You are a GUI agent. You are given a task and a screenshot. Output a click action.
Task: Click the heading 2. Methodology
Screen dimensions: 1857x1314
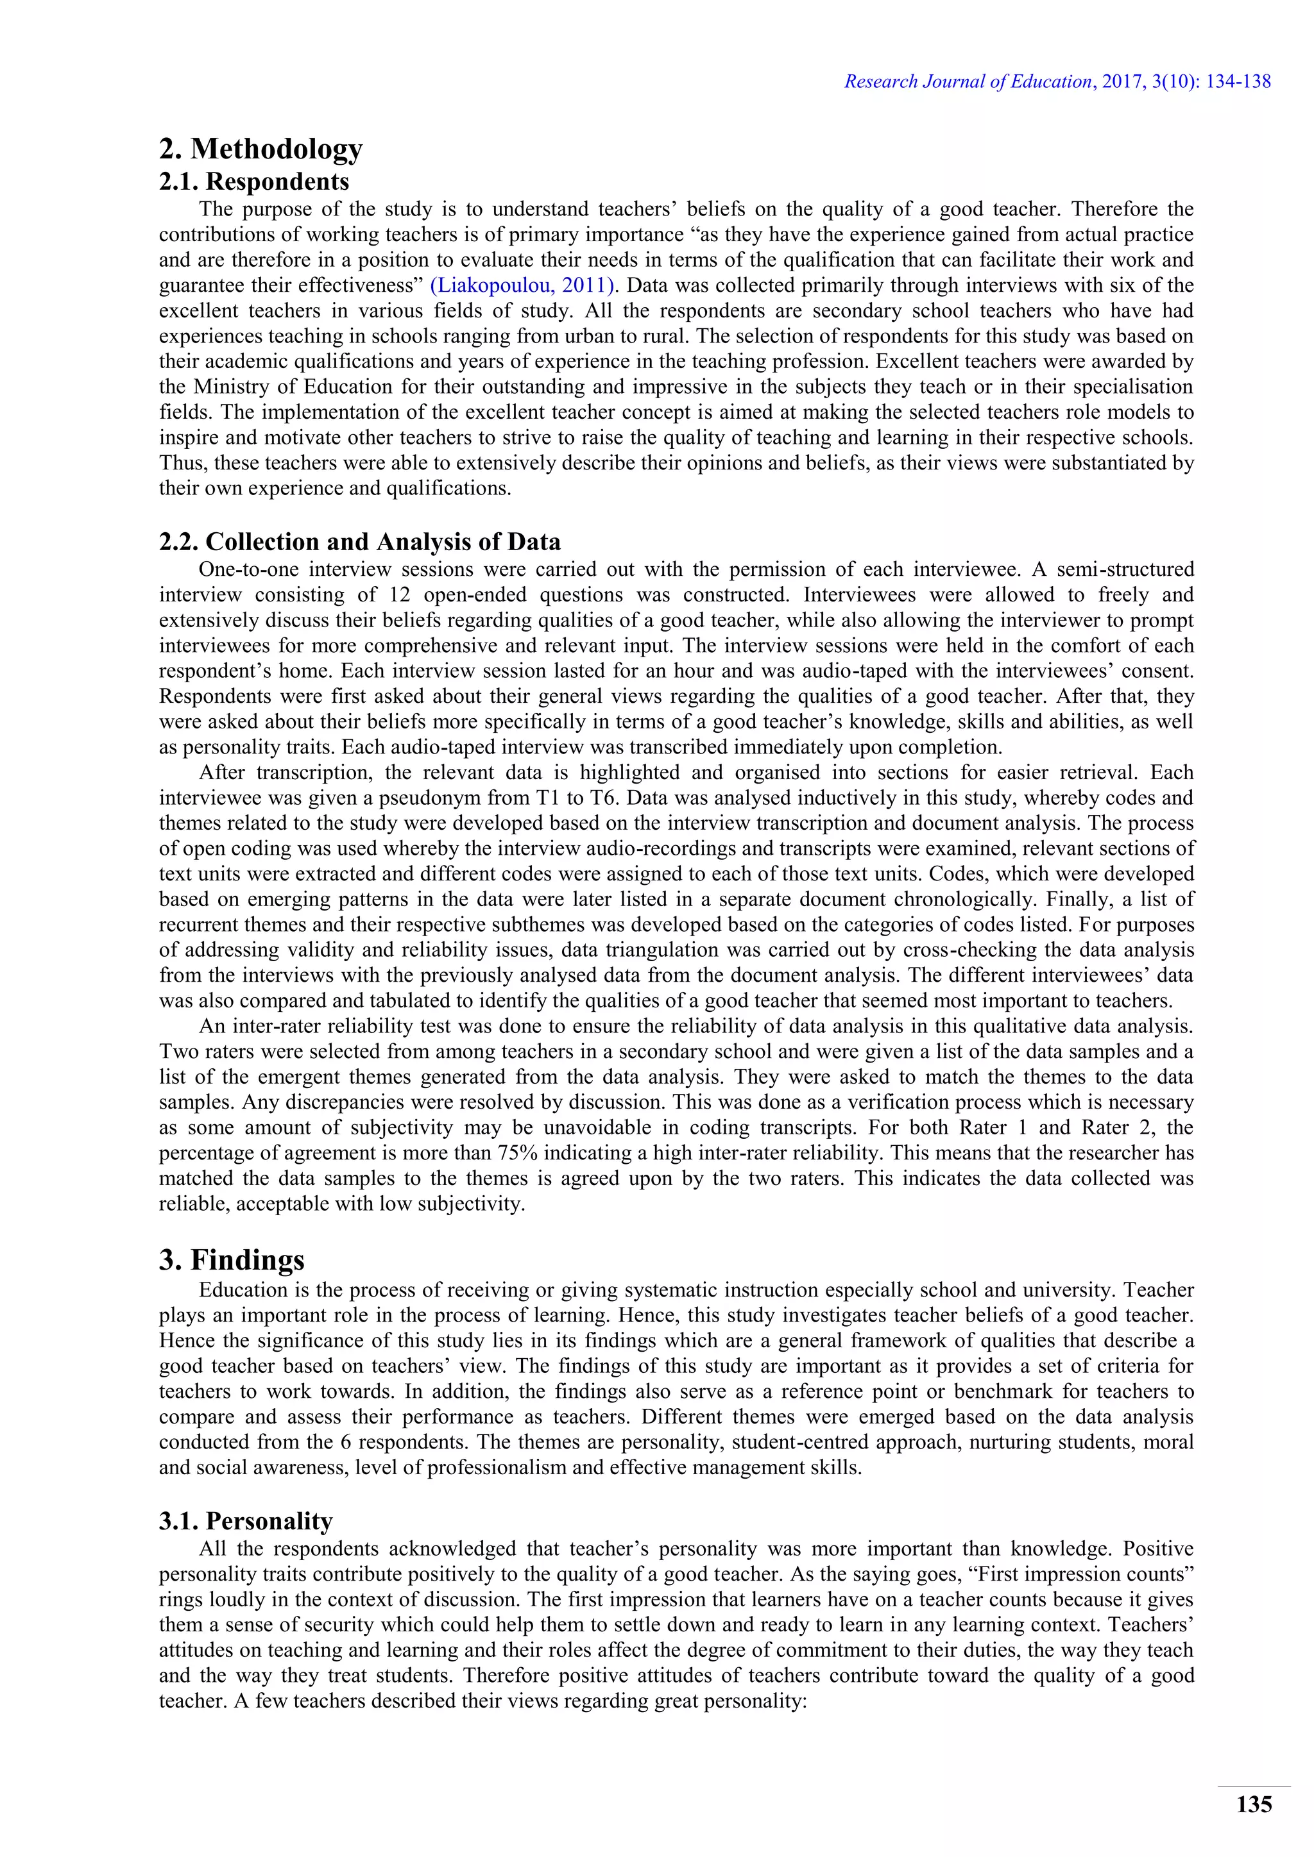(x=260, y=149)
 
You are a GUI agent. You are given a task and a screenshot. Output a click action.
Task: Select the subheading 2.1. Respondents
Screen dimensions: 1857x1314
(x=254, y=181)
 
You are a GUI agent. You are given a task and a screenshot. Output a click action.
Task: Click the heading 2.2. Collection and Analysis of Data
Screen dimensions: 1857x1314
(x=359, y=541)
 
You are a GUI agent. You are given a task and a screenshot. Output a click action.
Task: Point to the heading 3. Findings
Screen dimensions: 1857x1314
(x=232, y=1260)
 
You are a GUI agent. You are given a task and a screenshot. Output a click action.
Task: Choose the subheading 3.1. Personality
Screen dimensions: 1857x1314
(x=246, y=1522)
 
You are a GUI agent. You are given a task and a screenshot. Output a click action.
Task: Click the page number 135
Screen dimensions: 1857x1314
(x=1253, y=1805)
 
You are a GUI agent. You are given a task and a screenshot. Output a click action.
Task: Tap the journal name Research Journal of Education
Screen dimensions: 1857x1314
(x=968, y=81)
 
